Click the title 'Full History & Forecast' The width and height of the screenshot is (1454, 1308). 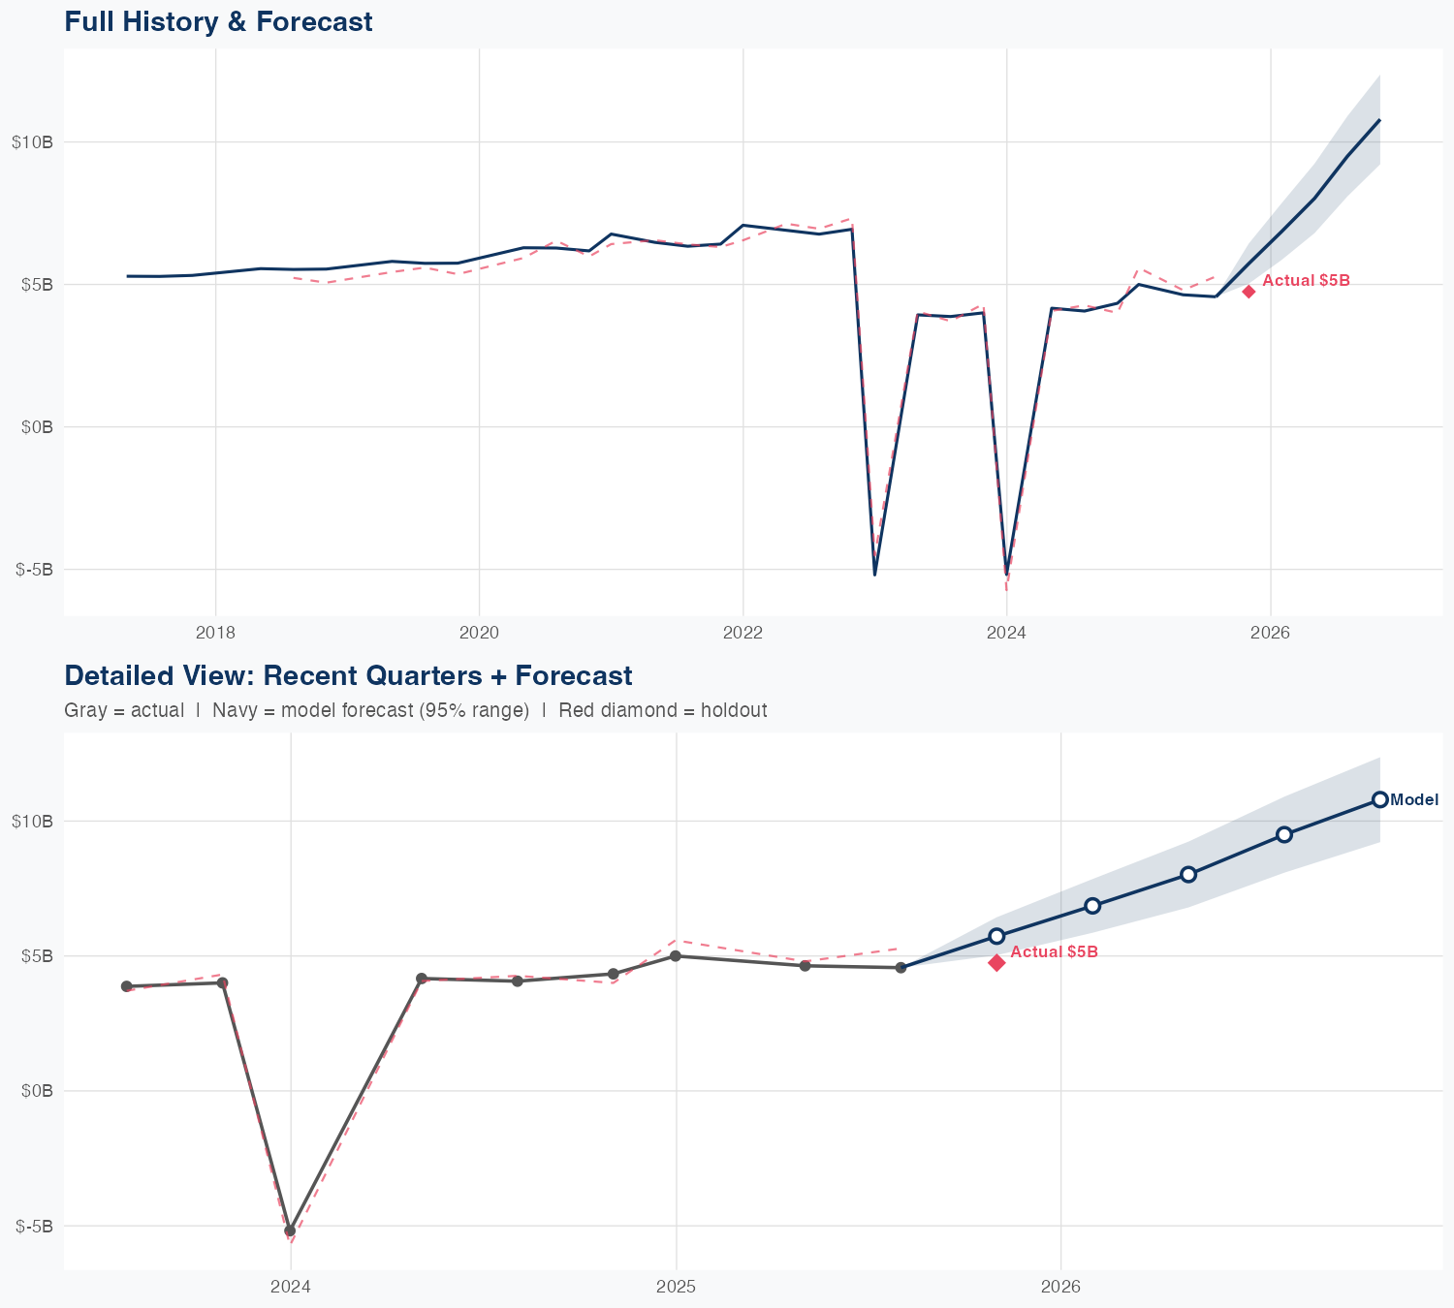(x=218, y=22)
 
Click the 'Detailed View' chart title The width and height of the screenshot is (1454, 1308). (x=348, y=676)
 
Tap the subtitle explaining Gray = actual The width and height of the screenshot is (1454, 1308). (x=415, y=710)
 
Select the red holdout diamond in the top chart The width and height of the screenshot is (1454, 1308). (x=1249, y=292)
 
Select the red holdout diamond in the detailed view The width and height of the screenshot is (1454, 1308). (x=996, y=962)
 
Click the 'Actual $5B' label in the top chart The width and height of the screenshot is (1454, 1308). (x=1306, y=281)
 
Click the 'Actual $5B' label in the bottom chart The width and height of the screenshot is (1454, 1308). (x=1054, y=952)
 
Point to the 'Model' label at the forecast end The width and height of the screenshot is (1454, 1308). (x=1414, y=800)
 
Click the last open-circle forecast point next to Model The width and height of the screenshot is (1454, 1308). (x=1379, y=799)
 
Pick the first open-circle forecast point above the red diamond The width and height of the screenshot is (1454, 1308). (x=996, y=936)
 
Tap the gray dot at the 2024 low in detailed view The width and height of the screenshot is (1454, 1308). (x=290, y=1230)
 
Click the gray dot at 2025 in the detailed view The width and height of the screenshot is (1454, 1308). (x=676, y=956)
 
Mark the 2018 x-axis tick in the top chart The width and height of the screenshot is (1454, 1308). (x=215, y=634)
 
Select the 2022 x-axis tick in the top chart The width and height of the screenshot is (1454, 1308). (x=743, y=634)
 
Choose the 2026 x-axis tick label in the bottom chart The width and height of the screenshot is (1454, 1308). (x=1060, y=1288)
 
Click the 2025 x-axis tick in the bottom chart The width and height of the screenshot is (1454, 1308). (x=676, y=1288)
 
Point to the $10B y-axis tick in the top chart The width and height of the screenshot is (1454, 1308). (x=33, y=142)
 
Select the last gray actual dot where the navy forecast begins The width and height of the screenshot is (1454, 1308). (x=901, y=967)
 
